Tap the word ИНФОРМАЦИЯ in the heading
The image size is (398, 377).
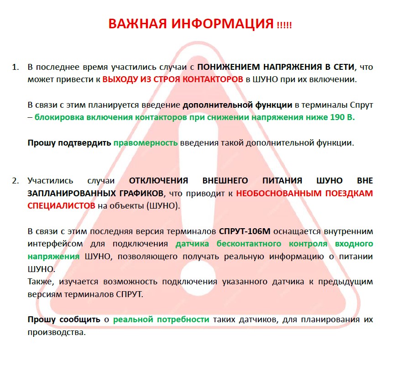[222, 24]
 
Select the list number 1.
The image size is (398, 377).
[15, 67]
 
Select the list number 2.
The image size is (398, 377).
[15, 180]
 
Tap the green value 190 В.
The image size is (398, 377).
[342, 117]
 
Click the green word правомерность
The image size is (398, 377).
[146, 142]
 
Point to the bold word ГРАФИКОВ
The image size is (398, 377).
[136, 193]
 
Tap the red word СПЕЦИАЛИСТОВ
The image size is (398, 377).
[62, 205]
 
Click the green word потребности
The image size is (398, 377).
[183, 319]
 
